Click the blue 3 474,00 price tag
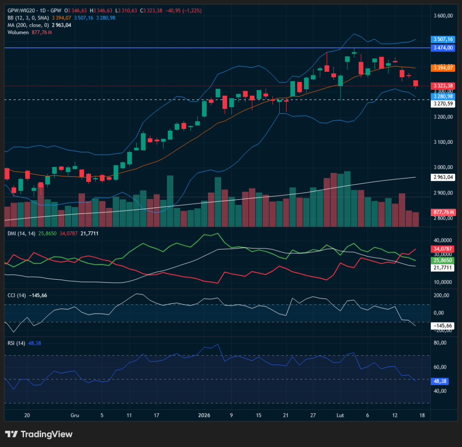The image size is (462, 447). click(443, 47)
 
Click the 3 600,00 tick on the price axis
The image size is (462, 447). click(443, 16)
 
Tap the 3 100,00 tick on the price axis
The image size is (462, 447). click(443, 143)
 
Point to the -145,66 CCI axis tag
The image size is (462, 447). click(443, 325)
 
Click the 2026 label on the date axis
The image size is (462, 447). click(205, 415)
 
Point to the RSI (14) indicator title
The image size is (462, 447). click(16, 343)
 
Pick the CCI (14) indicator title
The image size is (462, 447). click(16, 295)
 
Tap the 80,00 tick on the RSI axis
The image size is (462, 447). click(440, 343)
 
